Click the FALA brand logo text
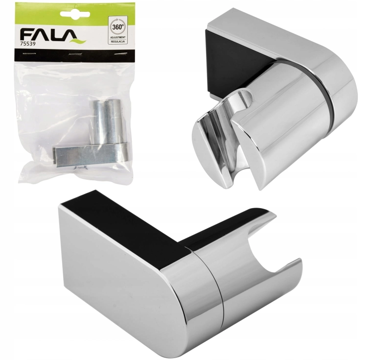click(48, 35)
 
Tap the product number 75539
click(28, 44)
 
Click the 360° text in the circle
click(118, 27)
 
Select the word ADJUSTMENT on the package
click(118, 38)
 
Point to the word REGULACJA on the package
click(118, 41)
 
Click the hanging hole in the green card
click(75, 14)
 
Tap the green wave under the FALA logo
click(78, 42)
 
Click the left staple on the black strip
click(29, 54)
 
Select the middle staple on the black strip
click(75, 54)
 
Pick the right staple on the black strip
click(120, 54)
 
